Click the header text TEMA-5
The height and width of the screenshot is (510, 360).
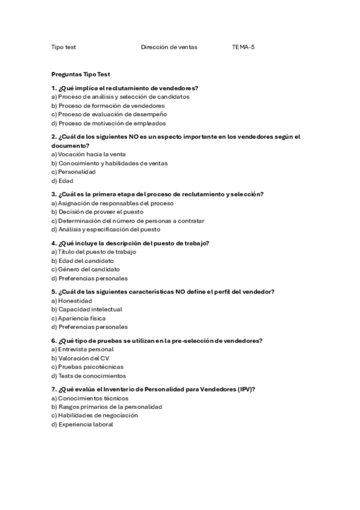(x=243, y=47)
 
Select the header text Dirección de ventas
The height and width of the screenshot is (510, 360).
(x=169, y=47)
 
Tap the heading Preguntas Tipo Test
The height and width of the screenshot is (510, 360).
(x=81, y=75)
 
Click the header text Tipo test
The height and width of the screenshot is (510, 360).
(x=63, y=47)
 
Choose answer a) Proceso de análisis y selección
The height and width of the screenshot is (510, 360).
(x=120, y=96)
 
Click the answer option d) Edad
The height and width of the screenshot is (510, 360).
(x=63, y=180)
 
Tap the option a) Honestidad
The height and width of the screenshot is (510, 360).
(x=72, y=301)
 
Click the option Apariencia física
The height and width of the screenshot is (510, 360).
(x=81, y=318)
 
